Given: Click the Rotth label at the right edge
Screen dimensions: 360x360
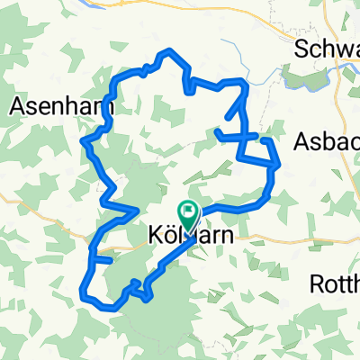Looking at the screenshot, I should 334,285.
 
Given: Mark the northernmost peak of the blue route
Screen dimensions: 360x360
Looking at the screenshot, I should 167,51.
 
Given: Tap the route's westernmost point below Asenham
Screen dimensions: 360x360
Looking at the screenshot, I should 83,142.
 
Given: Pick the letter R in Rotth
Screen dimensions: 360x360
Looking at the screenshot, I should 316,285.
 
